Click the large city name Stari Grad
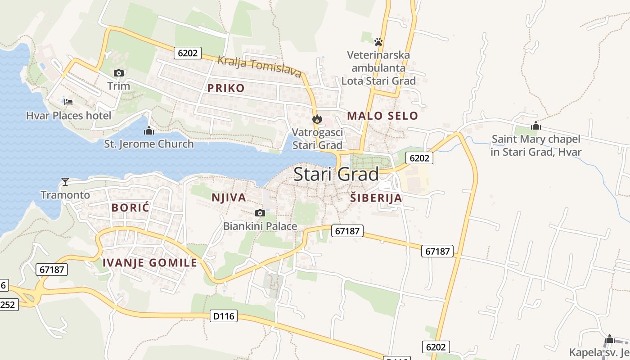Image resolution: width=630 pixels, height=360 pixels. click(x=336, y=175)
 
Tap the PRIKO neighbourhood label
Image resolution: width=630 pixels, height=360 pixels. click(x=226, y=88)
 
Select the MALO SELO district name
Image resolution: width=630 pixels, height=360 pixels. click(x=382, y=116)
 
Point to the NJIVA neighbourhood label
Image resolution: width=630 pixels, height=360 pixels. click(x=229, y=198)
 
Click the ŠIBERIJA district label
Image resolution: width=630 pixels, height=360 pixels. click(x=376, y=198)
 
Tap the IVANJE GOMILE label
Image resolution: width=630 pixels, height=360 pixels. click(x=150, y=263)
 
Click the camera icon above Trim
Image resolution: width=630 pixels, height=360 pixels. click(x=119, y=73)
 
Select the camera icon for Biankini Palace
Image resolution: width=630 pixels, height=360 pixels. click(x=260, y=213)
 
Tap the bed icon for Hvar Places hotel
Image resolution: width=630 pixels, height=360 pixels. click(x=68, y=102)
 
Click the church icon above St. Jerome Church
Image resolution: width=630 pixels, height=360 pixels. click(x=148, y=131)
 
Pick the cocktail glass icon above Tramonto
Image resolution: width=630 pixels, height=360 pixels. click(x=65, y=182)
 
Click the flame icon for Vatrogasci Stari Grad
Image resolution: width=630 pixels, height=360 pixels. click(x=317, y=119)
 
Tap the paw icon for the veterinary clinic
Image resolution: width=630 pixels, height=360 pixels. click(x=378, y=42)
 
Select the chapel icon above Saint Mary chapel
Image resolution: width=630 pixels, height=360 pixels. click(x=535, y=126)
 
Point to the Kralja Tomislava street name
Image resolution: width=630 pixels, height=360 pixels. click(x=259, y=66)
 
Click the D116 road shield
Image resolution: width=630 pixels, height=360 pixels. click(x=224, y=316)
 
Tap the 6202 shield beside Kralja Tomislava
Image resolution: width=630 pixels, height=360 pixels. click(x=188, y=53)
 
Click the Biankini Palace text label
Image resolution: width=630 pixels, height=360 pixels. click(x=260, y=226)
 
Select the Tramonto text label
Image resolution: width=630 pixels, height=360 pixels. click(x=65, y=195)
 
